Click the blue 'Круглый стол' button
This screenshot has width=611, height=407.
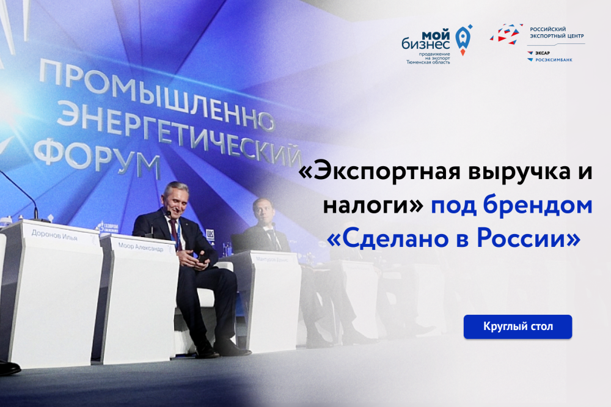pyautogui.click(x=518, y=326)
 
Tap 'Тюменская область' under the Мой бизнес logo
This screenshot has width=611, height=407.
pyautogui.click(x=428, y=62)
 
